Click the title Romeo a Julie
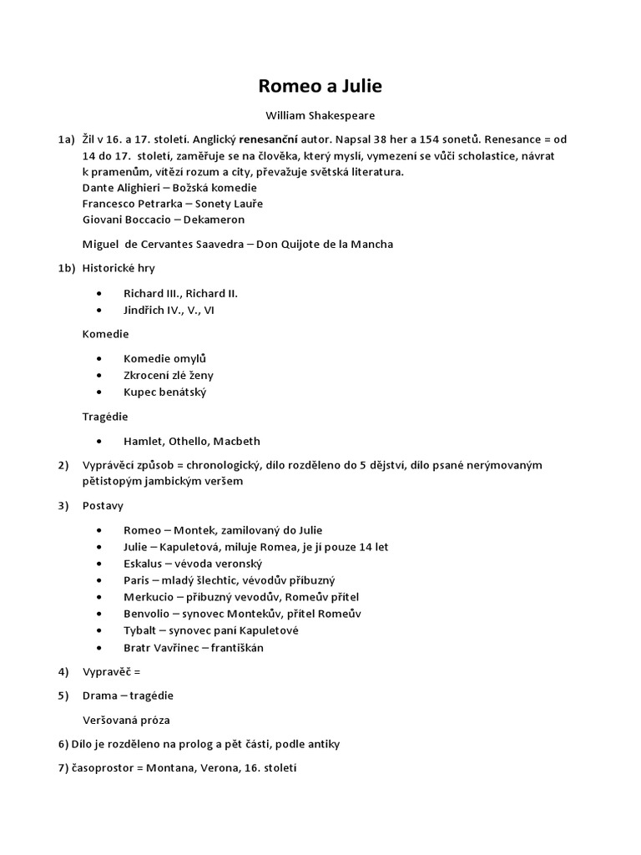tap(320, 86)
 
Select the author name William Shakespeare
tap(320, 116)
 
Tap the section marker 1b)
tap(67, 268)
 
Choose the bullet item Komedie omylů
tap(164, 359)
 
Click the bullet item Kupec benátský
tap(164, 392)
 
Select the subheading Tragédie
tap(105, 416)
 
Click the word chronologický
tap(256, 465)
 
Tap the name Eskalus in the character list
tap(144, 564)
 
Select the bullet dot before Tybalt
tap(100, 630)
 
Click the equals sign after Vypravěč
tap(138, 671)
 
